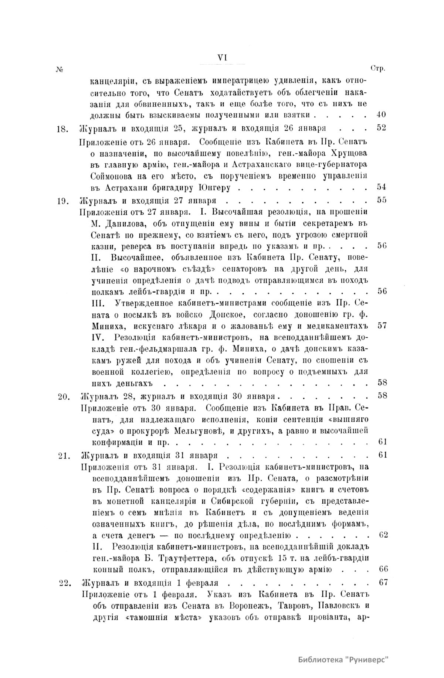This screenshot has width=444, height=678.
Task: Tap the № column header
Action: tap(60, 69)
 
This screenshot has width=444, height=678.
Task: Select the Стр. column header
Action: tap(377, 69)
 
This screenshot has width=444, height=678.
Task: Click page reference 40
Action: tap(381, 115)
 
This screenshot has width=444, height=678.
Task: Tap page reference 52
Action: tap(381, 128)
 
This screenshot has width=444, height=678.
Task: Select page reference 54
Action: tap(381, 187)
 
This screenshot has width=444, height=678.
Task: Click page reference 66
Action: tap(383, 569)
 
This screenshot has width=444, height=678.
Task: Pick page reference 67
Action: tap(383, 583)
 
